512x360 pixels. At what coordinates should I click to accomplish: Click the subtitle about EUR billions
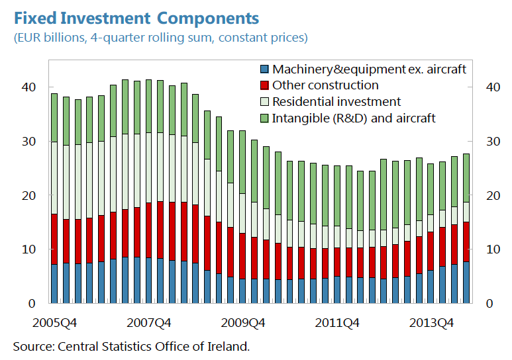click(x=160, y=38)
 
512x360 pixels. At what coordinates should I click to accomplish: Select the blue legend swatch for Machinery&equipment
click(x=265, y=69)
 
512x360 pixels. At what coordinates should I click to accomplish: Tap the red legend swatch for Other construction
click(x=265, y=85)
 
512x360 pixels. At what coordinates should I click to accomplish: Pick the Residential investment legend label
click(x=336, y=102)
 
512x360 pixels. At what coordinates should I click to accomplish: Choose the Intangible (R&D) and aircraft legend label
click(x=354, y=118)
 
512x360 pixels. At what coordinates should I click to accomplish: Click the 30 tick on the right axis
click(x=493, y=142)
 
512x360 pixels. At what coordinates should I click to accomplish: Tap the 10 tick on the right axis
click(x=493, y=249)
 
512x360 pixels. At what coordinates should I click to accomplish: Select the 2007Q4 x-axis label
click(x=150, y=323)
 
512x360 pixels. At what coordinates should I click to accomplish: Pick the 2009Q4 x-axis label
click(x=244, y=323)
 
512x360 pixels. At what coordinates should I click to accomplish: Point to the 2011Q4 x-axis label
click(x=338, y=323)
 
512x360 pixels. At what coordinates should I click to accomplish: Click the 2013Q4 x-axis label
click(x=432, y=323)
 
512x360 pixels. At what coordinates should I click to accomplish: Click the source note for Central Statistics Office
click(x=132, y=346)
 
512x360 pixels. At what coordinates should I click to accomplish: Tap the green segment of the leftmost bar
click(x=54, y=117)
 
